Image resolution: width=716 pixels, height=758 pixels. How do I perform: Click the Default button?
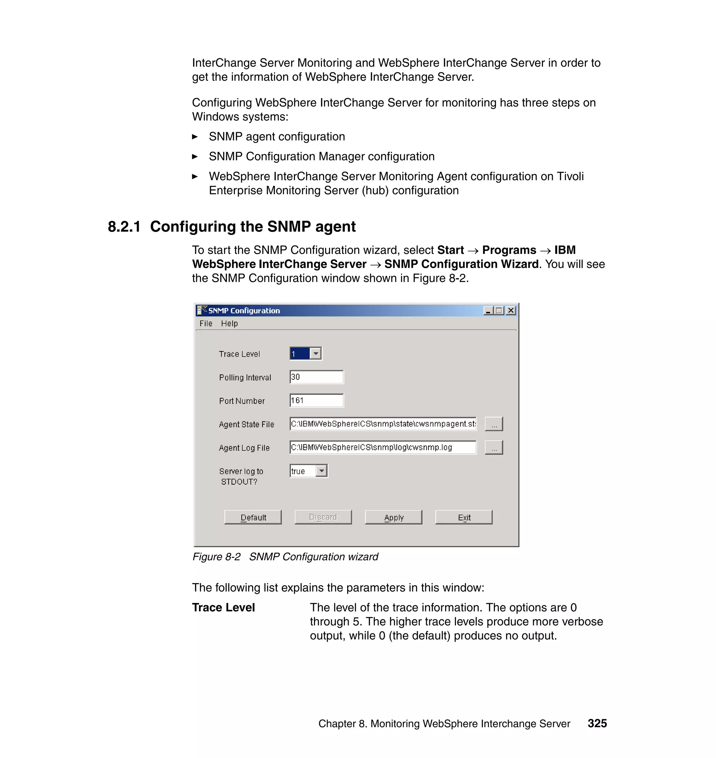(x=253, y=517)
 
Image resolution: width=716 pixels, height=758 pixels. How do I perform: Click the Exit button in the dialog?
(x=464, y=517)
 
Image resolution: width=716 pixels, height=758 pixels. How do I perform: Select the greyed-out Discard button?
(x=323, y=517)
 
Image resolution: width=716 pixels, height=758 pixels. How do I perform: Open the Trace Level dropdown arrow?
(x=316, y=353)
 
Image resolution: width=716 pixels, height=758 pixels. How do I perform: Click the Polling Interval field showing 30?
(x=316, y=377)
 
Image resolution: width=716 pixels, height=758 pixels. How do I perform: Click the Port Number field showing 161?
(x=316, y=400)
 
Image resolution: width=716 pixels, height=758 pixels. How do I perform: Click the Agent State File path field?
(x=383, y=424)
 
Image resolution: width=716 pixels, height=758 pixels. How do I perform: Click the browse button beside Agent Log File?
(x=494, y=447)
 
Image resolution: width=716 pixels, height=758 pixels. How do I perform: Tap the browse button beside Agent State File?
(x=494, y=424)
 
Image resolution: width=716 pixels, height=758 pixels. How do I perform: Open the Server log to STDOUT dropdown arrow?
(x=322, y=471)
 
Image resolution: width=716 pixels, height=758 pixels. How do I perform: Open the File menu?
(x=206, y=323)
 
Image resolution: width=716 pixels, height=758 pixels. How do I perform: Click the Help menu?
(x=229, y=323)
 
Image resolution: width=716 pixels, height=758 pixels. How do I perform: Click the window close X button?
(x=511, y=310)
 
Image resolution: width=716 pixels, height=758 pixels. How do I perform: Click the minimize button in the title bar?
(x=488, y=310)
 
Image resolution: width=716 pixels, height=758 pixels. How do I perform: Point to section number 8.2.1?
(x=124, y=227)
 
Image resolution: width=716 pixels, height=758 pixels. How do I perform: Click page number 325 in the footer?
(x=597, y=723)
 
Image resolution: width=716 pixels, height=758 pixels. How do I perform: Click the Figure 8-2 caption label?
(x=216, y=557)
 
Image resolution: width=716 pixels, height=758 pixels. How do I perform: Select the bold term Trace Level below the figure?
(x=223, y=607)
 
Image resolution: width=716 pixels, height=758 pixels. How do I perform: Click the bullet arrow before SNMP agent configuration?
(x=195, y=137)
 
